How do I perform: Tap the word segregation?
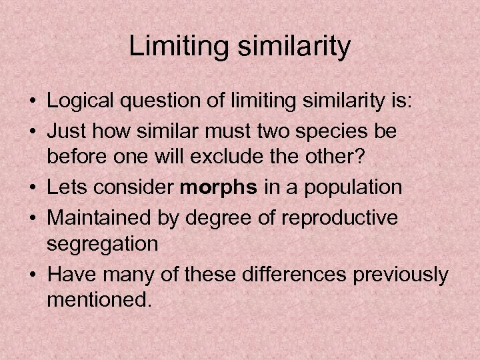(103, 244)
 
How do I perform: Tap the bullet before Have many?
(31, 273)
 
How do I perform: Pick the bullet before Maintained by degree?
(31, 217)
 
